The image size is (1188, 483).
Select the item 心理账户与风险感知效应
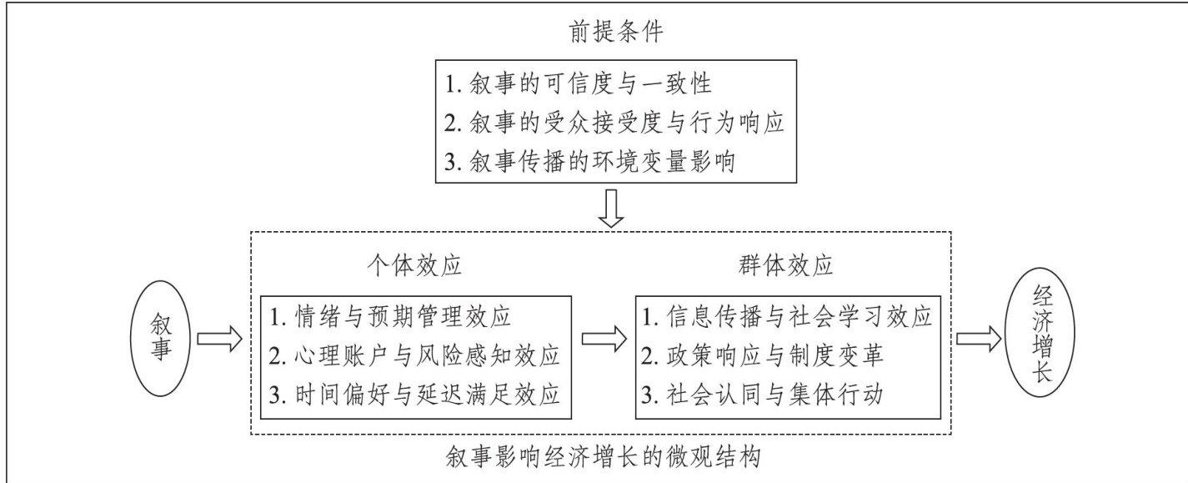[x=417, y=355]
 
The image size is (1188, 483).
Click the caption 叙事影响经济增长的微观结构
[x=604, y=457]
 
